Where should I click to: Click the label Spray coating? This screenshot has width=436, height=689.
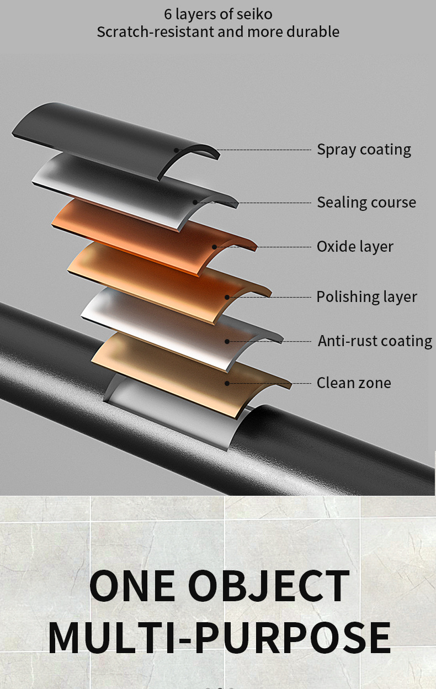[x=364, y=150]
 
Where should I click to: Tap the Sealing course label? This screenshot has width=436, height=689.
[x=366, y=202]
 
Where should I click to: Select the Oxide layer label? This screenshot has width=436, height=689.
[x=355, y=246]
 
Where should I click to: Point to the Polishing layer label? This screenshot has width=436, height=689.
[x=366, y=296]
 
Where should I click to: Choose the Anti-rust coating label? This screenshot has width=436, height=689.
[x=375, y=341]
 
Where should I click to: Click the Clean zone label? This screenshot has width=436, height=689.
[x=354, y=383]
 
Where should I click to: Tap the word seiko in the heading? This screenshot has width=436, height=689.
[x=254, y=14]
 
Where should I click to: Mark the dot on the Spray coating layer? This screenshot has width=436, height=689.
[x=177, y=150]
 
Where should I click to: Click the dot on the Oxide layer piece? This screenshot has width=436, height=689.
[x=214, y=247]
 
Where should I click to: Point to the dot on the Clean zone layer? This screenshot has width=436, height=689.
[x=227, y=383]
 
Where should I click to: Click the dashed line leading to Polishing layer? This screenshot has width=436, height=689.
[x=270, y=297]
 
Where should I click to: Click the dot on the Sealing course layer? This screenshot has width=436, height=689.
[x=195, y=203]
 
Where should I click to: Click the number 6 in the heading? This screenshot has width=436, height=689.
[x=168, y=14]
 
